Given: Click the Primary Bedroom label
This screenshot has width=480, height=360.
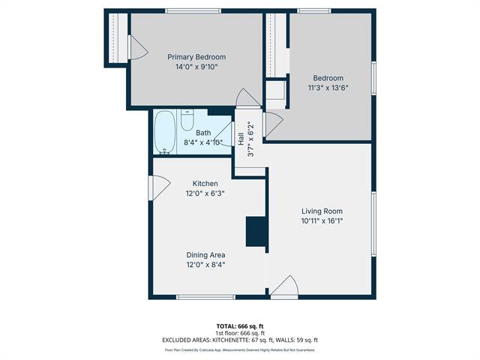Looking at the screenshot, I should pyautogui.click(x=196, y=57).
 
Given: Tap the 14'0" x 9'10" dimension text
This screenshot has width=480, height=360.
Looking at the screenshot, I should pyautogui.click(x=196, y=67).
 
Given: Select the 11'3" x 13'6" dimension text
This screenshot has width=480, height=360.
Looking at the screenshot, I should pyautogui.click(x=328, y=88).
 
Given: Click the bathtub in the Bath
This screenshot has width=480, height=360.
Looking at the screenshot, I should pyautogui.click(x=165, y=133).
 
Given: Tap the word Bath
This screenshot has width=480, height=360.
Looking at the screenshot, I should pyautogui.click(x=203, y=133).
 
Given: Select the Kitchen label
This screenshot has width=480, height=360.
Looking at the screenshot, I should pyautogui.click(x=205, y=184).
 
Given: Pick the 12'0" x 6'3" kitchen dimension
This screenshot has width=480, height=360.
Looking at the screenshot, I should pyautogui.click(x=205, y=193).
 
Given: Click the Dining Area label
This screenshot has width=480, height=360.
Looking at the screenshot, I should pyautogui.click(x=205, y=255).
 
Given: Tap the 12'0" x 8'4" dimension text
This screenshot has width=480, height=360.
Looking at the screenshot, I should pyautogui.click(x=205, y=265).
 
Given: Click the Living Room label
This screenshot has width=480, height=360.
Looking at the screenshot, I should pyautogui.click(x=322, y=211).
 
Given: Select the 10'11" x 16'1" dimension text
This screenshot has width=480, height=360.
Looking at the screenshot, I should pyautogui.click(x=322, y=220).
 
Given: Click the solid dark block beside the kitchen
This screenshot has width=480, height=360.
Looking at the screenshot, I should pyautogui.click(x=256, y=232).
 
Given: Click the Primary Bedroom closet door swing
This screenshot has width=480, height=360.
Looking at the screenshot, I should pyautogui.click(x=137, y=48).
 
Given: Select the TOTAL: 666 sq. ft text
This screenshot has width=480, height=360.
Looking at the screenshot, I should pyautogui.click(x=239, y=326).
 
